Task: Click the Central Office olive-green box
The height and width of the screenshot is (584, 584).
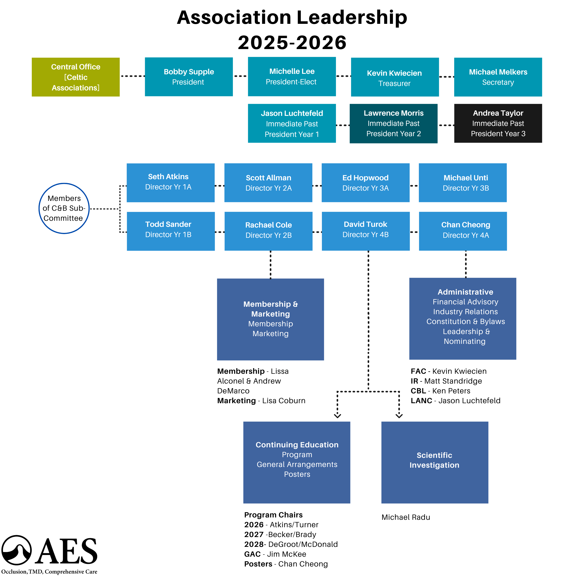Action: point(75,77)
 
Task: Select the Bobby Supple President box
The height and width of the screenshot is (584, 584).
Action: point(189,77)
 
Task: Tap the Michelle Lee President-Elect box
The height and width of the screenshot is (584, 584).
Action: point(292,76)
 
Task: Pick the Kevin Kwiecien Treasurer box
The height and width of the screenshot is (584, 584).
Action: point(395,77)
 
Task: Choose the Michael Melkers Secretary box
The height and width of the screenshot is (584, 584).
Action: point(498,77)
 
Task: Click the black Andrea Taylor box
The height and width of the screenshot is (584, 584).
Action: point(498,123)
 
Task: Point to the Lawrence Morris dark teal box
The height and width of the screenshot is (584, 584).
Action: point(393,123)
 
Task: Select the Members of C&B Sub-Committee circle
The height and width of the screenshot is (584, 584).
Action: point(64,208)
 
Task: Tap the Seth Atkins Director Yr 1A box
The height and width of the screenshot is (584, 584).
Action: point(171,183)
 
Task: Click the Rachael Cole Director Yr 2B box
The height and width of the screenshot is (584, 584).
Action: point(268,231)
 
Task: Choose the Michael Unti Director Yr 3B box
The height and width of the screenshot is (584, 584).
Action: point(463,183)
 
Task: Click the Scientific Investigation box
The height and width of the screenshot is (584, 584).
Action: point(434,462)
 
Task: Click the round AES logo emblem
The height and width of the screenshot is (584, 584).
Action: point(17,550)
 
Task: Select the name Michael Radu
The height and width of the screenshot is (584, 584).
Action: point(406,517)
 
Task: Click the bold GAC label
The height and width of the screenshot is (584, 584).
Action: point(252,554)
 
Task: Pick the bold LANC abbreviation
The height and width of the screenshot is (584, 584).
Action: point(421,401)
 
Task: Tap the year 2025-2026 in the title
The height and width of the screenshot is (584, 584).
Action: point(292,42)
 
